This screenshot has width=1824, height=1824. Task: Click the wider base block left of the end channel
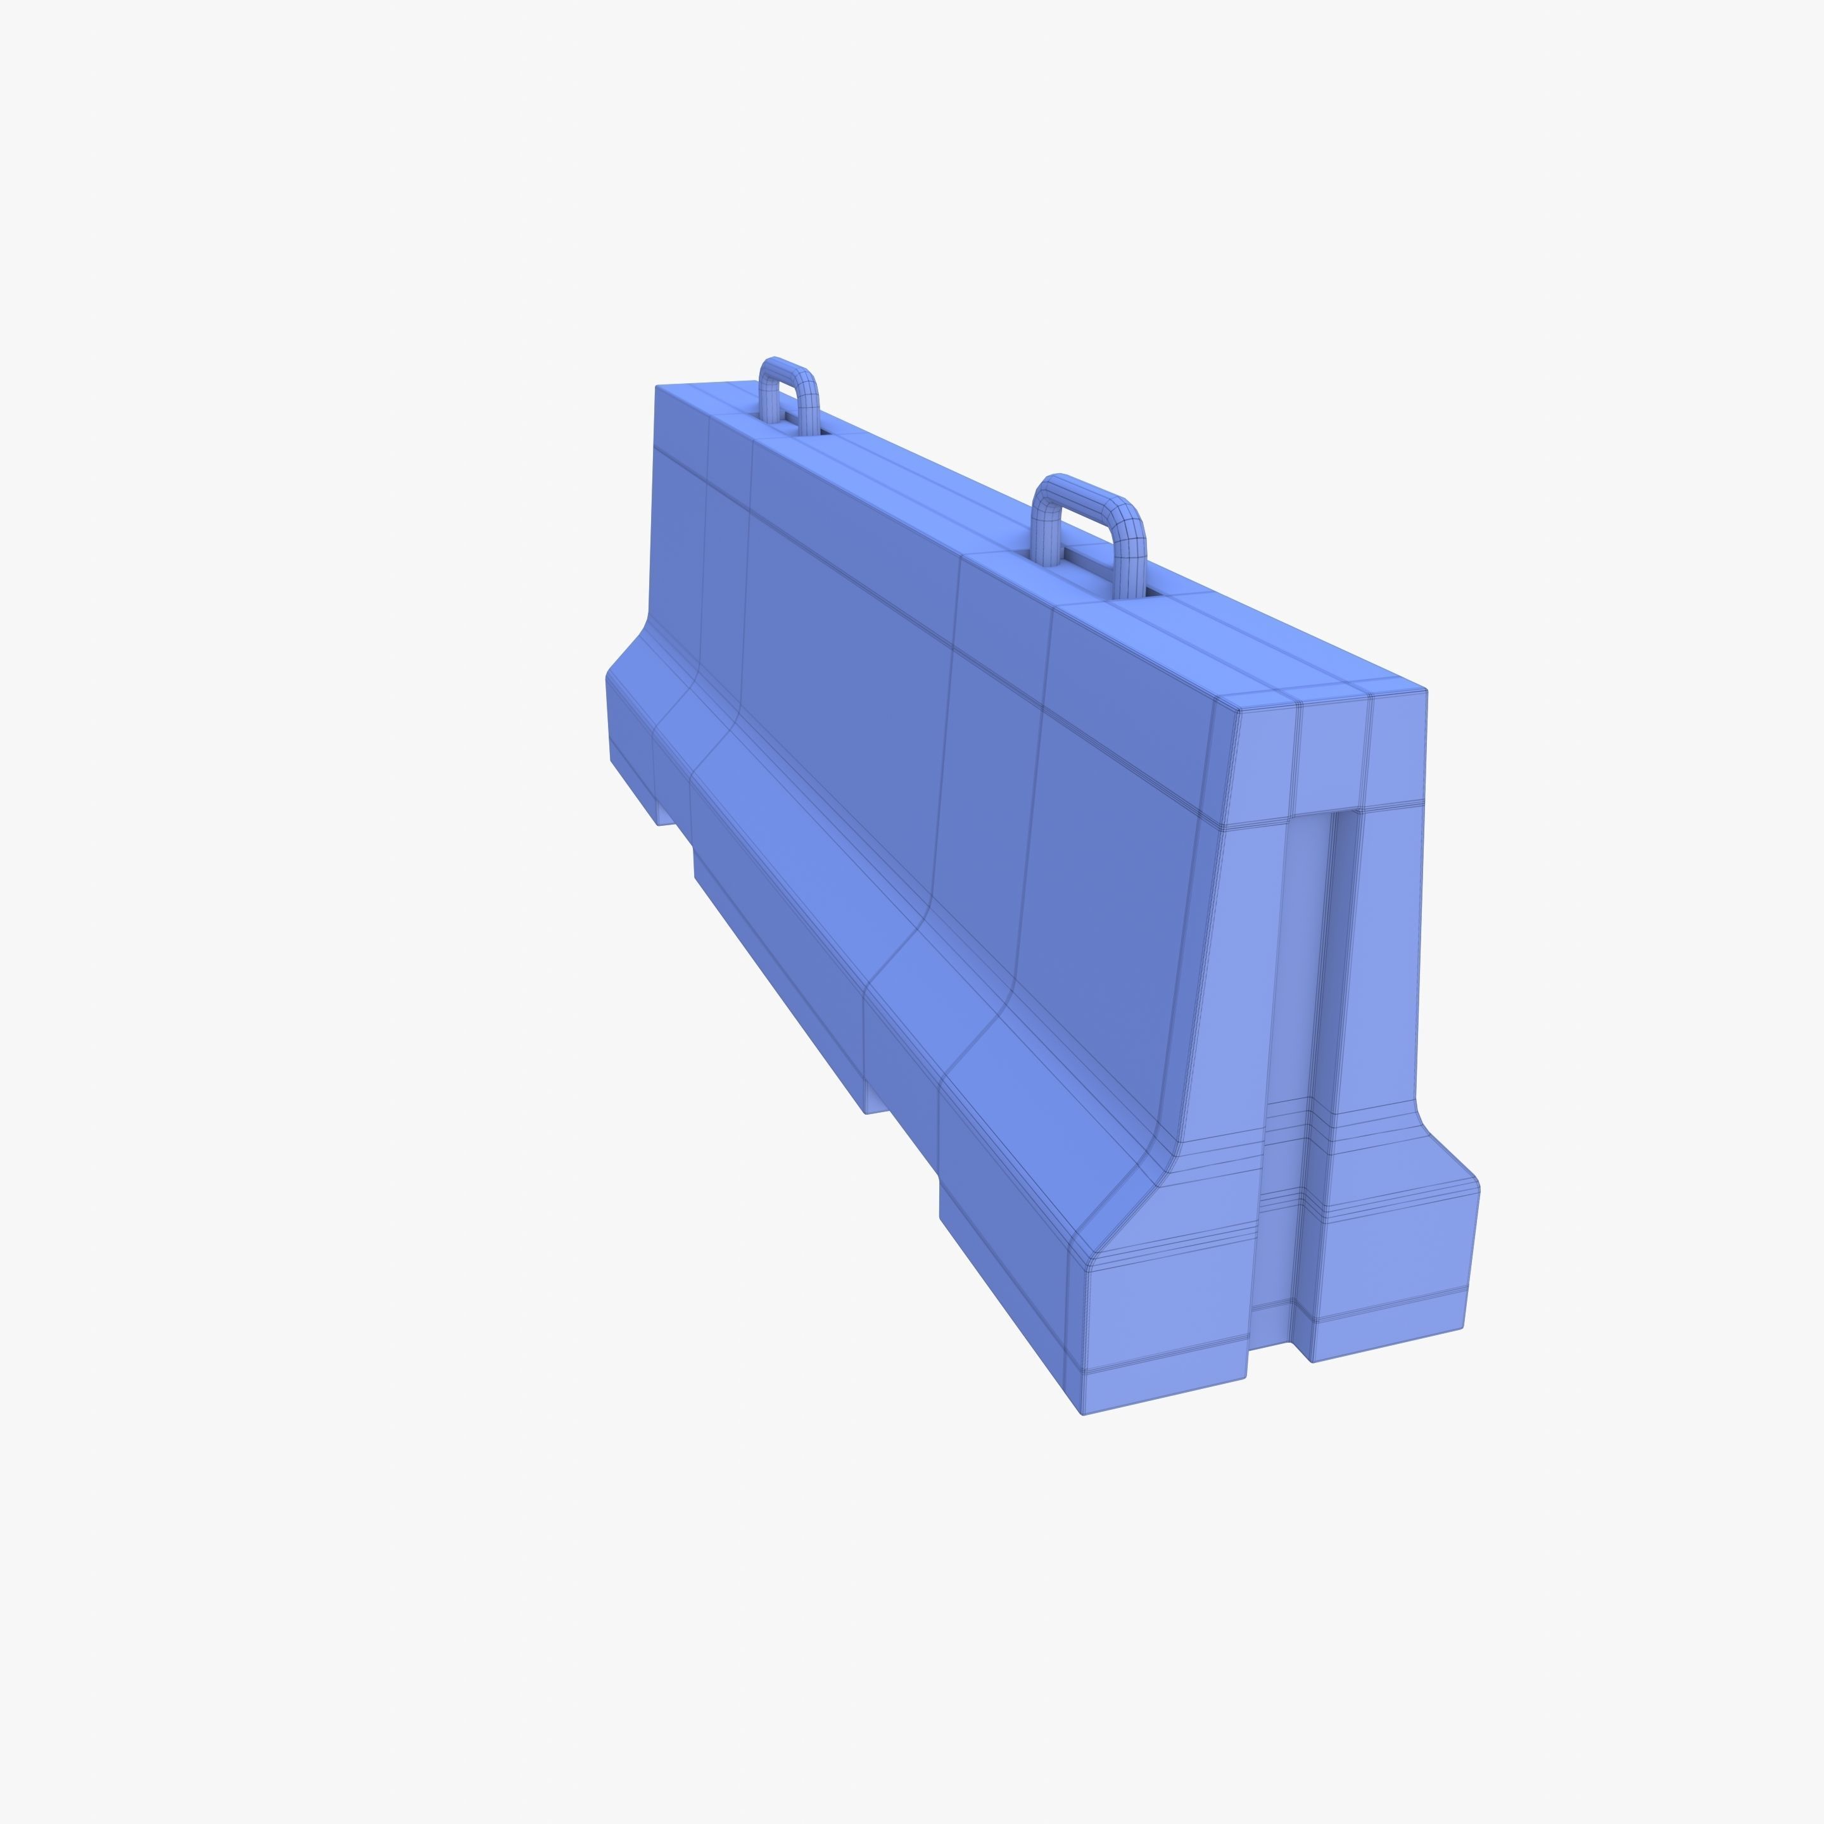(1166, 1322)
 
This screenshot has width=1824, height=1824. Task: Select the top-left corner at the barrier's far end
(657, 387)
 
